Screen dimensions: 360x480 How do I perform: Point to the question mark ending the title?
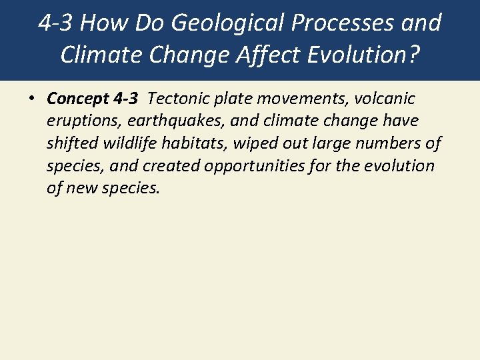[413, 55]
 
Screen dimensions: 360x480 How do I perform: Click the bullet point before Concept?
[31, 99]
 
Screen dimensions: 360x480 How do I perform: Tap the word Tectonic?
[179, 99]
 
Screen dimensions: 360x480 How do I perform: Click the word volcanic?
[385, 99]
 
